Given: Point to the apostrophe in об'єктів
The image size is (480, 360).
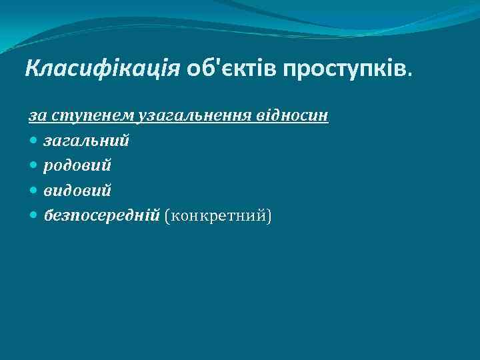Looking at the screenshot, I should [x=214, y=63].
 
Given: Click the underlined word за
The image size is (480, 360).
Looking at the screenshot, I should [x=37, y=116].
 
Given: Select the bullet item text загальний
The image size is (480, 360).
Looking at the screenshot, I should [x=87, y=141].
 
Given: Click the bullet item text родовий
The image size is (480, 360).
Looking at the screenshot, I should [x=77, y=165].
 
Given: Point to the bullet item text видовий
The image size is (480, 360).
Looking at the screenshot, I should [x=77, y=190].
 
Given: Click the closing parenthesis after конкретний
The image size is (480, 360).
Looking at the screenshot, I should [x=269, y=215].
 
